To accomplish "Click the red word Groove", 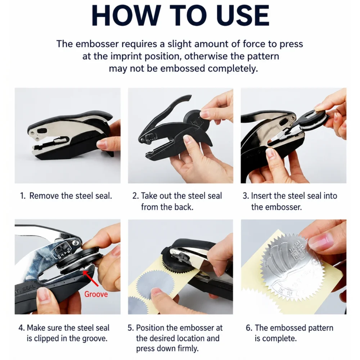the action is [96, 294].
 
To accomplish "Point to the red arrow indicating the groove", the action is [91, 279].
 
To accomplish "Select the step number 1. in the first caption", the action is [23, 196].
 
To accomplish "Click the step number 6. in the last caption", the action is [249, 328].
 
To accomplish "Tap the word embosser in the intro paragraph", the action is [97, 44].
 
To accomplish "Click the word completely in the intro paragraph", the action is [233, 68].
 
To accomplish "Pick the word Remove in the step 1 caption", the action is [44, 196].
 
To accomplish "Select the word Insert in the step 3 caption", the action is [261, 196].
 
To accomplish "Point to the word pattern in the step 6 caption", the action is [321, 328].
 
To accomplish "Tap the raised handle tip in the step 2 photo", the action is [188, 97].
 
